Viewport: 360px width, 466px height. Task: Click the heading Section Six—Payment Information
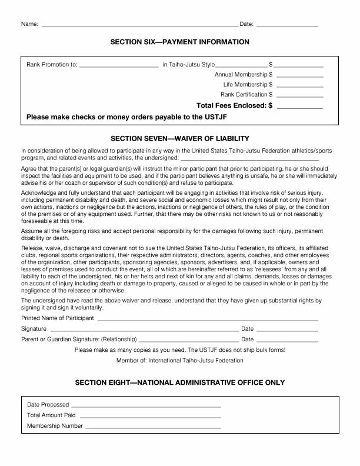(x=180, y=42)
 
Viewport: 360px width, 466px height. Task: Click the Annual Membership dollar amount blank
(x=299, y=76)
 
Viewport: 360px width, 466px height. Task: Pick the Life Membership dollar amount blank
(x=299, y=86)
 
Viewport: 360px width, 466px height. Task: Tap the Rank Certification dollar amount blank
(x=299, y=95)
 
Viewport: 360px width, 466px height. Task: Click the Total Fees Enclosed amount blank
(x=299, y=107)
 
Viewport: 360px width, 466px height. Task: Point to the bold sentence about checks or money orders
(x=126, y=117)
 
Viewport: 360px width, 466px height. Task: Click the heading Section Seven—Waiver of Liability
(x=180, y=138)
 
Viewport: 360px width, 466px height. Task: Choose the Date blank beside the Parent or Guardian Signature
(x=287, y=341)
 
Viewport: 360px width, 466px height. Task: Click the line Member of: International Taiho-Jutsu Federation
(x=180, y=360)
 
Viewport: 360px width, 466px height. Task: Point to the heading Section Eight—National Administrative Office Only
(x=180, y=382)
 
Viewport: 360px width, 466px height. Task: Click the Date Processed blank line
(x=146, y=406)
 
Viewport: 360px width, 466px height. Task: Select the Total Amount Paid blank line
(x=150, y=417)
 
